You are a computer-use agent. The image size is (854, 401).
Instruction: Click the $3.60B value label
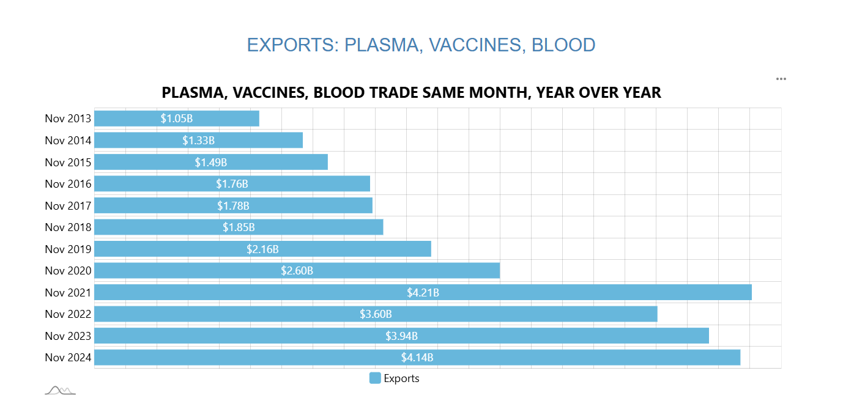pos(376,314)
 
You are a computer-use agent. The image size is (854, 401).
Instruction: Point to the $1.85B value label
pos(239,227)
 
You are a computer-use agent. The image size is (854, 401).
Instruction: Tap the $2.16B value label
pos(262,249)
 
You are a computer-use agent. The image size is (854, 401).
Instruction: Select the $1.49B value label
pos(211,162)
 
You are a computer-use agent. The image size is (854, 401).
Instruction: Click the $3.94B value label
pos(401,336)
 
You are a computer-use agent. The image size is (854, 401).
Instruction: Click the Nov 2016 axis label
pos(68,184)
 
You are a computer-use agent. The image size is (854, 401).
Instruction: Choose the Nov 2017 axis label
pos(68,205)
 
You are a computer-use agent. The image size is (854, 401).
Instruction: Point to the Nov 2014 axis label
pos(68,141)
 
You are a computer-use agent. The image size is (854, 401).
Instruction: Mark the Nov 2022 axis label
pos(68,314)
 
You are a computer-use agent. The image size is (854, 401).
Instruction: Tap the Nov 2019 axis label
pos(68,249)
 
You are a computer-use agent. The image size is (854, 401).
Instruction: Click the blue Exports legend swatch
pos(375,378)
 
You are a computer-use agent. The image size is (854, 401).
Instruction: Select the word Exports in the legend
pos(401,378)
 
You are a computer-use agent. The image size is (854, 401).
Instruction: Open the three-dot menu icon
pos(781,79)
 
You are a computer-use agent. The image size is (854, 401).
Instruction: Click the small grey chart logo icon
pos(60,390)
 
